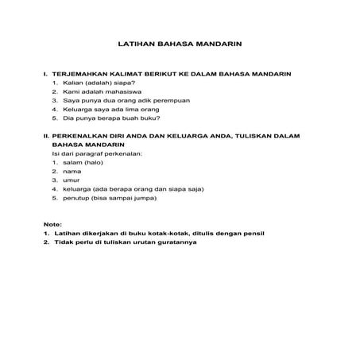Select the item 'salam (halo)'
[x=83, y=162]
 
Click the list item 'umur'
[x=72, y=180]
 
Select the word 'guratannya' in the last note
[x=176, y=243]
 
